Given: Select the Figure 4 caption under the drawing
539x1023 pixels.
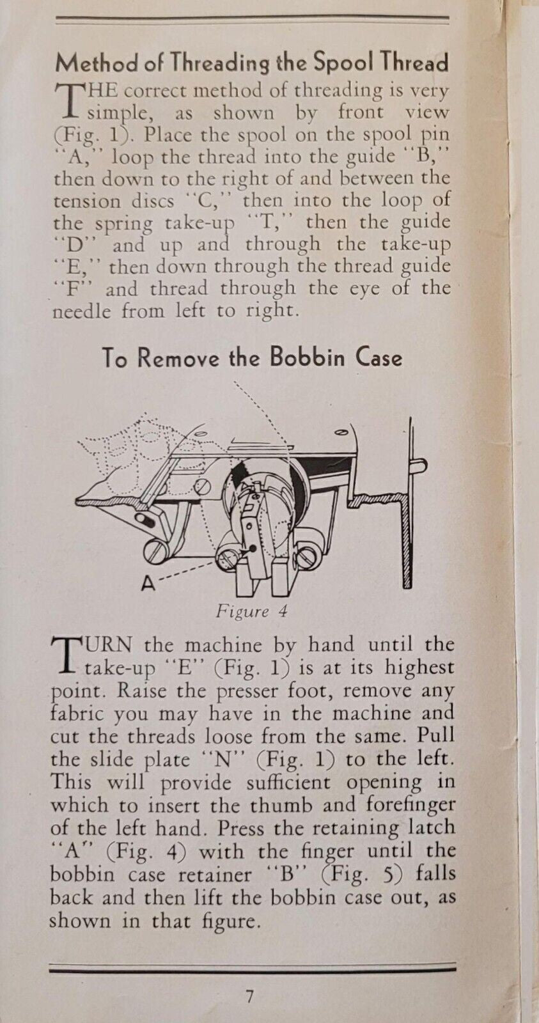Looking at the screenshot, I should (252, 611).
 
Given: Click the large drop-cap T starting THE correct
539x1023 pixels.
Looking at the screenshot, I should (68, 102).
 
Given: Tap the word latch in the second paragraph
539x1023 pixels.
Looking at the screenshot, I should (431, 827).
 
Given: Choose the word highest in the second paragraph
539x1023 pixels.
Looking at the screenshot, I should (419, 668).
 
